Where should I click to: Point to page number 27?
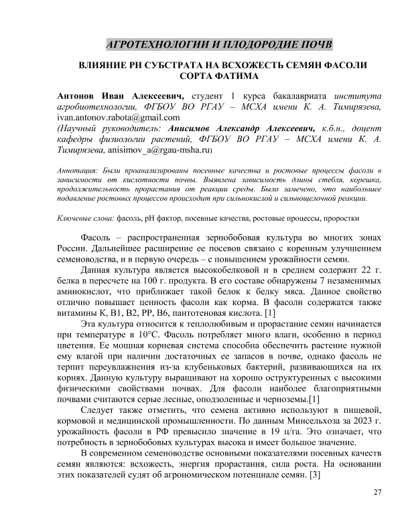click(x=376, y=493)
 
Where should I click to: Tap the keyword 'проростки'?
click(x=343, y=218)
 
